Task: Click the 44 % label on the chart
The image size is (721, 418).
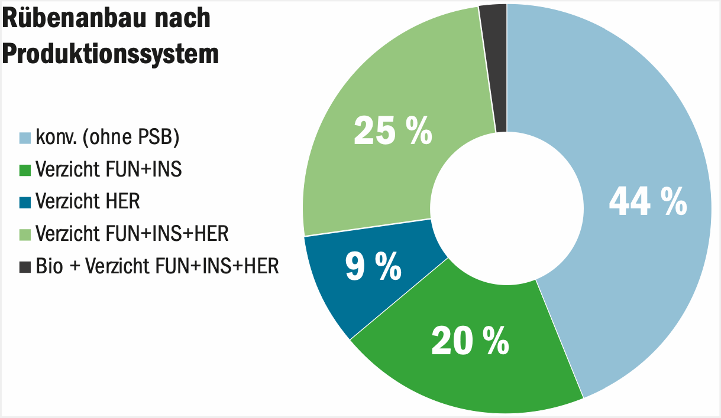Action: click(x=648, y=201)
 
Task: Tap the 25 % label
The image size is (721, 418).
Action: click(x=393, y=131)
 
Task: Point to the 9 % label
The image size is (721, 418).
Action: click(x=373, y=267)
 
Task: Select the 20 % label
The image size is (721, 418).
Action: click(x=470, y=341)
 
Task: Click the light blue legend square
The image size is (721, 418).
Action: click(x=25, y=138)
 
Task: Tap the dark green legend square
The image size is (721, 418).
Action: click(x=25, y=170)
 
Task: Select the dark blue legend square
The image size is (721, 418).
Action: click(x=25, y=202)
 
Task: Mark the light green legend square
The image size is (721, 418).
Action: click(x=25, y=234)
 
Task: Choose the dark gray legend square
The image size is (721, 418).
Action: click(x=25, y=267)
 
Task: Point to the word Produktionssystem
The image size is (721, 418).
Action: click(x=111, y=54)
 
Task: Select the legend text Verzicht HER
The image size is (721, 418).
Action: click(x=88, y=201)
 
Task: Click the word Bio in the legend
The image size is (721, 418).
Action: click(x=49, y=266)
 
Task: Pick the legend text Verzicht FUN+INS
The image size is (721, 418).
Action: click(x=109, y=169)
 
